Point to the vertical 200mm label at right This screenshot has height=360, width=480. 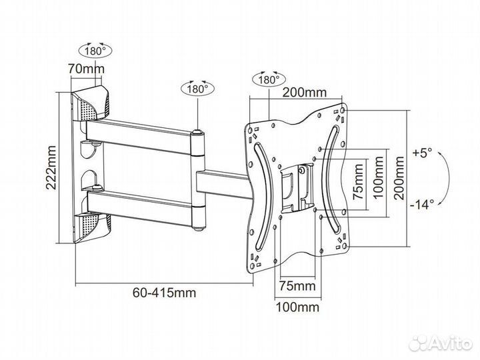tap(399, 177)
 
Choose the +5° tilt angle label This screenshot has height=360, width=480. tap(422, 153)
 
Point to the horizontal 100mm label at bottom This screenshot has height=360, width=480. tap(297, 307)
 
